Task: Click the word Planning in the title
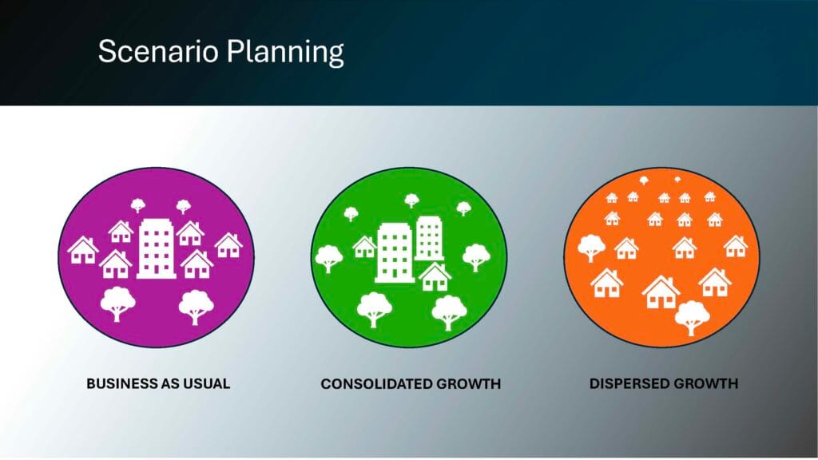click(x=285, y=53)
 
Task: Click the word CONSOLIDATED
click(x=376, y=384)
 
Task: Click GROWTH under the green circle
click(x=468, y=384)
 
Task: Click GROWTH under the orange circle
click(x=706, y=384)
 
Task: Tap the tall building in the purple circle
click(x=157, y=248)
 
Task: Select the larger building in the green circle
click(x=395, y=253)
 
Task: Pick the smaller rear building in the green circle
click(x=429, y=238)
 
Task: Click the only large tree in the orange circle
click(x=693, y=318)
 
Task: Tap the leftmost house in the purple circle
click(x=83, y=250)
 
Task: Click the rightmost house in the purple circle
click(x=228, y=245)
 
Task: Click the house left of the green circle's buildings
click(x=364, y=247)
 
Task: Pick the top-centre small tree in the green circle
click(x=411, y=200)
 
